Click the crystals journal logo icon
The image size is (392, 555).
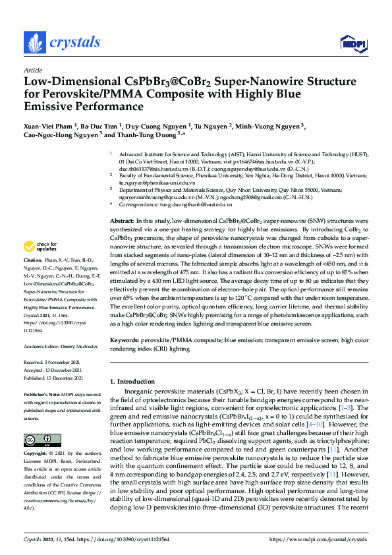(x=35, y=43)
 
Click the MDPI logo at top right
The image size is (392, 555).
(x=352, y=44)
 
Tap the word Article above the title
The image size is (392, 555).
(x=32, y=70)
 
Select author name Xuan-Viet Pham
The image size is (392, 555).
(x=49, y=125)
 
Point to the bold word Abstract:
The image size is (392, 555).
(x=122, y=219)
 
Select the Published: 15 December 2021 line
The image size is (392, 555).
(x=53, y=378)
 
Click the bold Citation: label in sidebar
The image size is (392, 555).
(x=34, y=281)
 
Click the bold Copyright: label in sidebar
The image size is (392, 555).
(x=36, y=454)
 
